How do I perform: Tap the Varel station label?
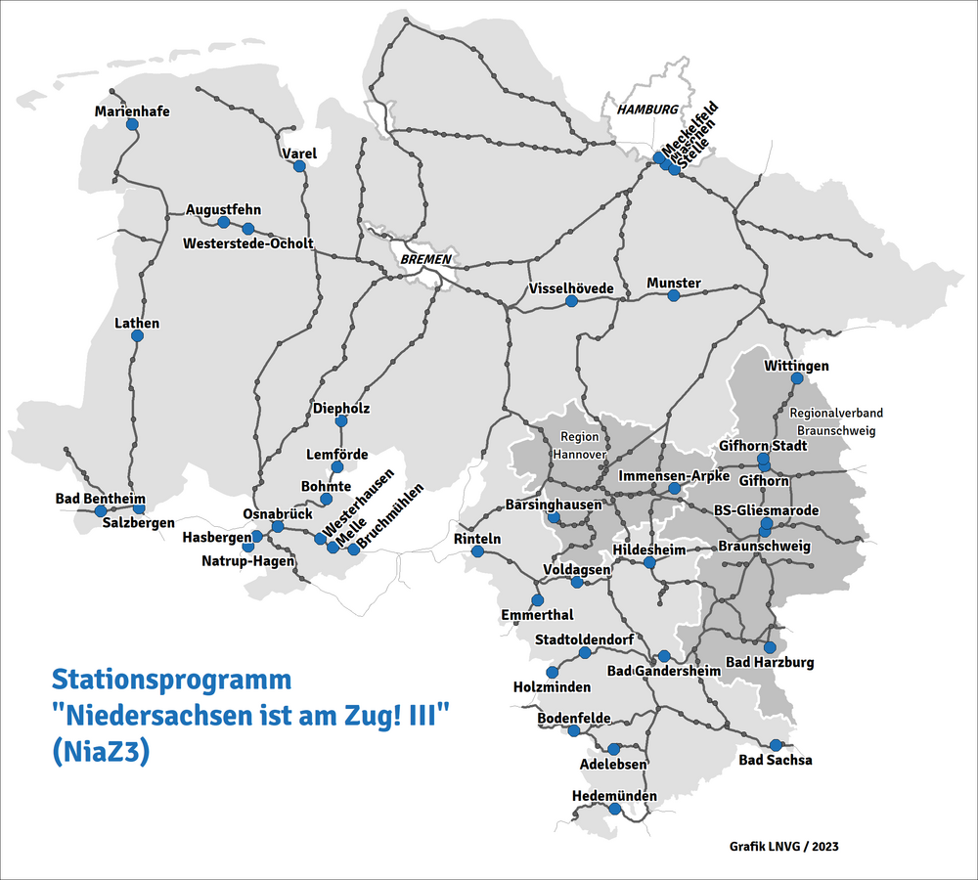pos(299,154)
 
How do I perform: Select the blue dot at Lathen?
pos(137,336)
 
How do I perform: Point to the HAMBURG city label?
pos(646,110)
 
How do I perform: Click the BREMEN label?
pos(425,259)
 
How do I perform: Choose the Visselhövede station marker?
pos(571,301)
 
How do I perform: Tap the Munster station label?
pos(674,284)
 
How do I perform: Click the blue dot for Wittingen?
pos(796,378)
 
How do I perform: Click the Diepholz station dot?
pos(341,421)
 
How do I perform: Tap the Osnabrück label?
pos(278,514)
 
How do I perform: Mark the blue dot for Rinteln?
pos(477,551)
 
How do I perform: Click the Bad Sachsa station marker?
pos(776,745)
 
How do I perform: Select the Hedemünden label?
pos(614,796)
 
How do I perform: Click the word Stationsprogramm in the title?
pos(171,680)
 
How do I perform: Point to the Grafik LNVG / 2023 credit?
pos(783,846)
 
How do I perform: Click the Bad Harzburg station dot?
pos(769,647)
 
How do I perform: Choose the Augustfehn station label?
pos(223,209)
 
